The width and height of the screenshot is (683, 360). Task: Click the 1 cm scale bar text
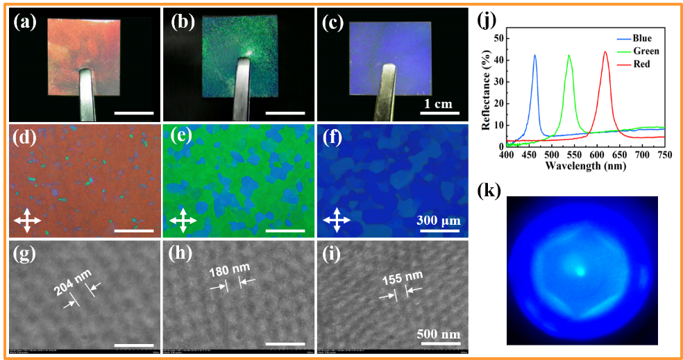coord(438,104)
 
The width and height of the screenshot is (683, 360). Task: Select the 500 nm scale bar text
coord(439,334)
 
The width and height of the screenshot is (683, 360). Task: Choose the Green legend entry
coord(646,51)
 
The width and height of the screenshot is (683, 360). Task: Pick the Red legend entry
coord(643,63)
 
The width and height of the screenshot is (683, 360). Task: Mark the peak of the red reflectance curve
coord(605,52)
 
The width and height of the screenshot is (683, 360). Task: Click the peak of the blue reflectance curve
coord(534,55)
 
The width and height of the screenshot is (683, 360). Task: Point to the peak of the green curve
coord(569,55)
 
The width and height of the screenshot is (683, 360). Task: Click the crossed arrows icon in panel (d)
coord(27,221)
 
